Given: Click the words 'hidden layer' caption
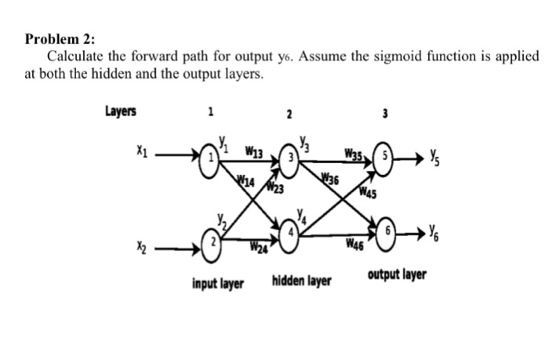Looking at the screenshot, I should pos(302,280).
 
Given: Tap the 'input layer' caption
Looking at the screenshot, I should pos(217,281).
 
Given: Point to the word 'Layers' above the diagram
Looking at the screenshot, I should pos(119,111).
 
